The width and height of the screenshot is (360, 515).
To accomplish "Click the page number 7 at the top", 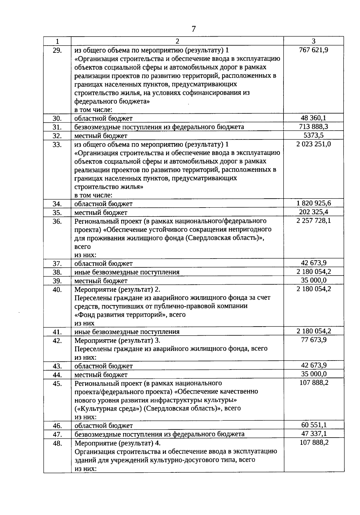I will point(193,29).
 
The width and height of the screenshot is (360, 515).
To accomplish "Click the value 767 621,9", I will point(313,50).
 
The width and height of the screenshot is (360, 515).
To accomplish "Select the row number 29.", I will point(57,50).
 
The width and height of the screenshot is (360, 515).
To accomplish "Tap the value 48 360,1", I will point(313,118).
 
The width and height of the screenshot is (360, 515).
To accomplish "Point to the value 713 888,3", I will point(313,127).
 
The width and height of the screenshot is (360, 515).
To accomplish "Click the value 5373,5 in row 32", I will point(313,135).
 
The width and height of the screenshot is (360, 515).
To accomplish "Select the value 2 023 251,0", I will point(313,144).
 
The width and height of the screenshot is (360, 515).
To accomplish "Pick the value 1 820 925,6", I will point(313,203).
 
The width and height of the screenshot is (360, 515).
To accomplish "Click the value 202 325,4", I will point(313,212).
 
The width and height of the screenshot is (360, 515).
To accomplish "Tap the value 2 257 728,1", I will point(313,221).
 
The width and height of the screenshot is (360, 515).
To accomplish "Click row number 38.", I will point(57,272).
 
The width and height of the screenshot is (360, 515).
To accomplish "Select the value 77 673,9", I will point(313,340).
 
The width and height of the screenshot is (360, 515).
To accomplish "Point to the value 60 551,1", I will point(313,425).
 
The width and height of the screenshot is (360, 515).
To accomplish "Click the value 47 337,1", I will point(313,434).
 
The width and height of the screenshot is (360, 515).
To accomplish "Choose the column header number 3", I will point(313,41).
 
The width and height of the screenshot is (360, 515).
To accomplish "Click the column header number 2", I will point(177,41).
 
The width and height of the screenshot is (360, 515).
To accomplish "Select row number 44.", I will point(57,375).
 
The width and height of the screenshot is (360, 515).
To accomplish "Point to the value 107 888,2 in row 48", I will point(313,442).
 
